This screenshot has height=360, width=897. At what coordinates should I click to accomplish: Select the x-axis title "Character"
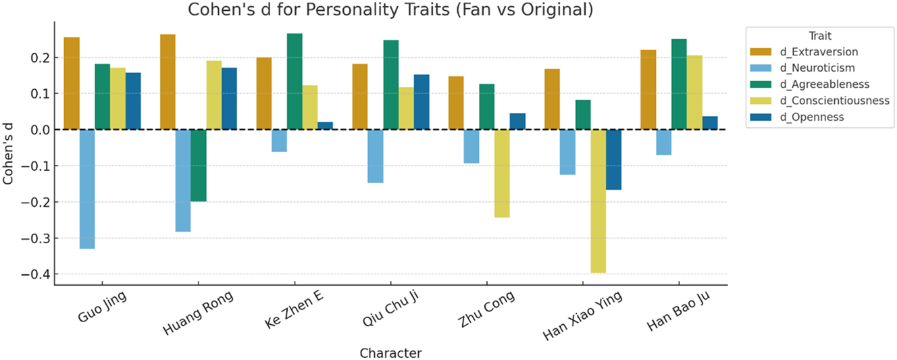coord(391,353)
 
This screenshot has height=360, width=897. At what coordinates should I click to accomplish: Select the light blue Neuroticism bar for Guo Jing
coord(87,189)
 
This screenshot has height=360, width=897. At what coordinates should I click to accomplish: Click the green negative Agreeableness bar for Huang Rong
coord(199,165)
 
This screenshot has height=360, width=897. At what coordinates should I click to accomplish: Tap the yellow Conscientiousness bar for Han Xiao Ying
coord(598,201)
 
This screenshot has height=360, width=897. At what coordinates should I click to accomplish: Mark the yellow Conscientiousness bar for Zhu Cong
coord(502,174)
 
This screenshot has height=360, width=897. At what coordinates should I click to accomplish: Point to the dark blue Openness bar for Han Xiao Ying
coord(613,159)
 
